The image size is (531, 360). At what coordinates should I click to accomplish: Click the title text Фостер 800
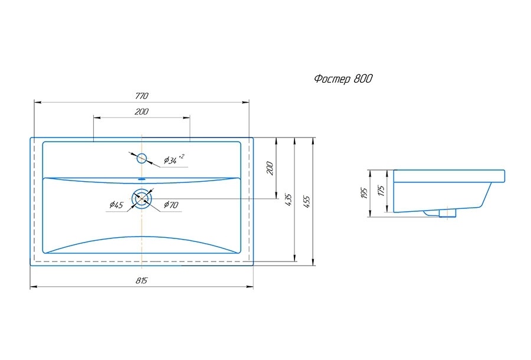343,79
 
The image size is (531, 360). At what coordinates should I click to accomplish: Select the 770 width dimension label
142,96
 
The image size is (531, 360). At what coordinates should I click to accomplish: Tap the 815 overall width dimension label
142,280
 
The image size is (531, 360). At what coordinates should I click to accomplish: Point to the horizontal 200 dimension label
142,112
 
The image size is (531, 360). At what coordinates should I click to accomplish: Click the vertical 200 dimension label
270,168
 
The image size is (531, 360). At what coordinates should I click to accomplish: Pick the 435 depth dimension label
288,200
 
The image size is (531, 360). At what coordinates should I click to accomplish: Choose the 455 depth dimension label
306,201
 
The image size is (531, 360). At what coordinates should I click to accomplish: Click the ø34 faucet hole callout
174,159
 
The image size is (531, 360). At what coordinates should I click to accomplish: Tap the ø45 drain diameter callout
116,205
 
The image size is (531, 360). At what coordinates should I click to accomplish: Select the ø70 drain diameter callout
171,205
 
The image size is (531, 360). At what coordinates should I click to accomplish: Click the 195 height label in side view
364,193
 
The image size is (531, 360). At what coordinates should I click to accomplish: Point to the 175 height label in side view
382,191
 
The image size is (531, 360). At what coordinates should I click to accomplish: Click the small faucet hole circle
142,158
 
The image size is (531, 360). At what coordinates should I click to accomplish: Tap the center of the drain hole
142,199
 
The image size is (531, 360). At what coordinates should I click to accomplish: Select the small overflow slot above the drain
142,178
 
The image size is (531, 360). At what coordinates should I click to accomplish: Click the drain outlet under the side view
447,213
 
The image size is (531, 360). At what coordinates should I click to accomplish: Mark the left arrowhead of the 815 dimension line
33,287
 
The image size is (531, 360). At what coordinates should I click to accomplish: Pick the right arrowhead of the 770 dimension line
246,102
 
